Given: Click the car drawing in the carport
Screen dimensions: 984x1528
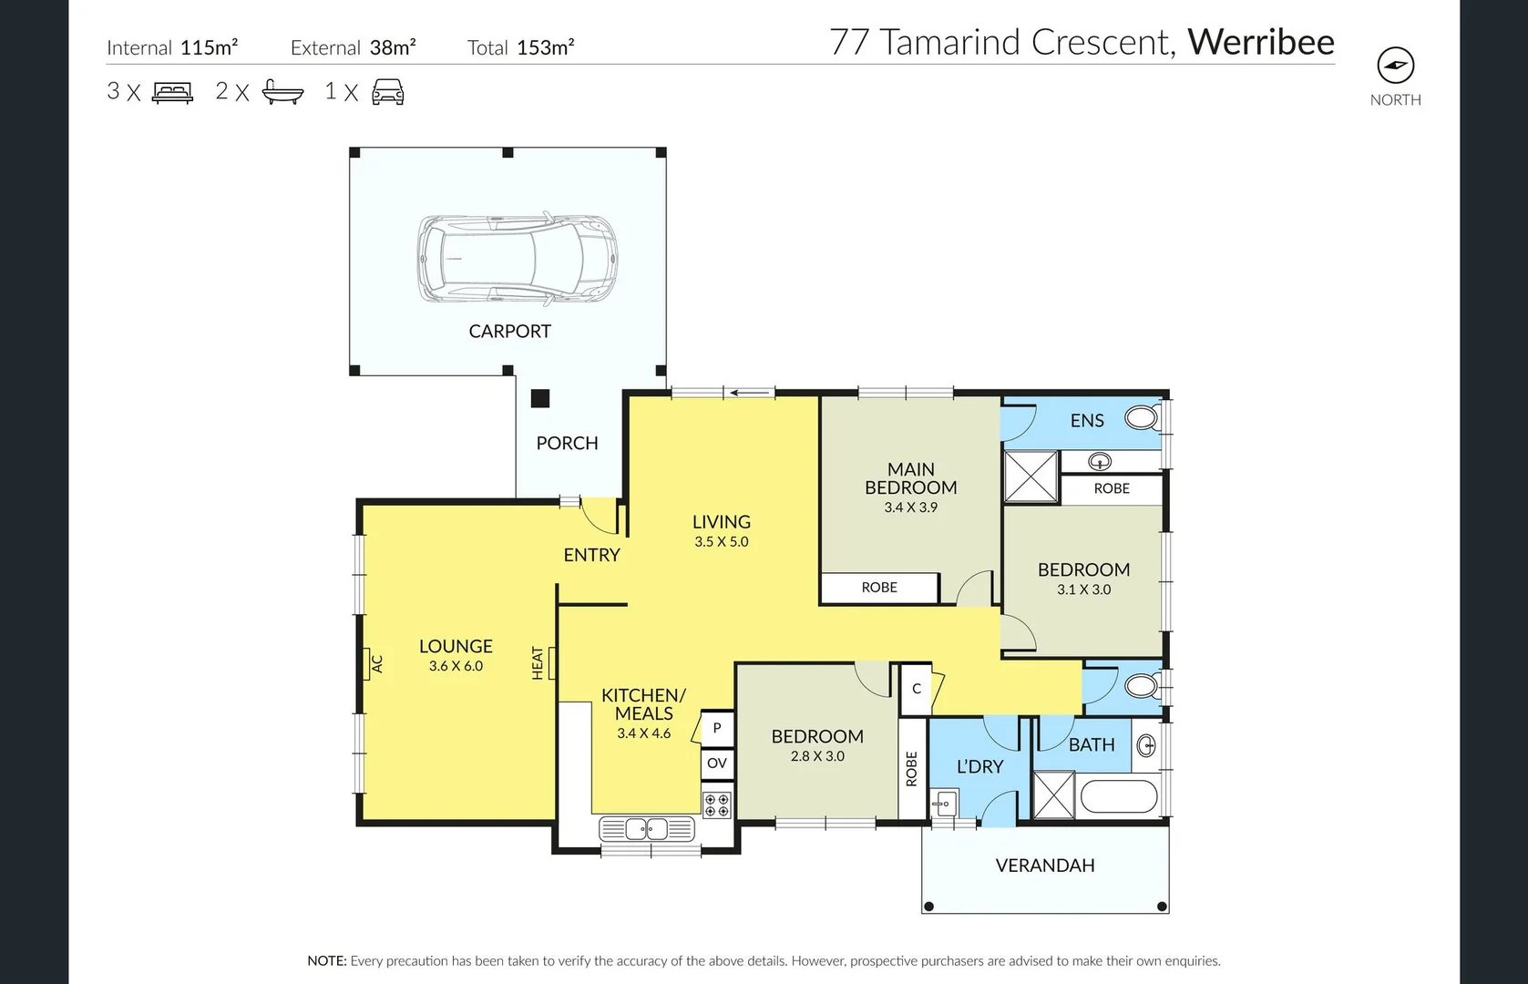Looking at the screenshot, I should pyautogui.click(x=517, y=259).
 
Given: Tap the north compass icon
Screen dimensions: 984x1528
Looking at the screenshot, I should pyautogui.click(x=1395, y=66).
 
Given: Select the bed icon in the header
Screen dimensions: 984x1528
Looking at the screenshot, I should pyautogui.click(x=172, y=92).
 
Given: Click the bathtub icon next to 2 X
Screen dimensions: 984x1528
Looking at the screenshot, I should pyautogui.click(x=282, y=92).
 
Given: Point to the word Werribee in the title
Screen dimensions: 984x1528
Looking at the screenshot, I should pyautogui.click(x=1260, y=42).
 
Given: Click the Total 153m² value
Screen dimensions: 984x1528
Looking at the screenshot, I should pyautogui.click(x=545, y=47).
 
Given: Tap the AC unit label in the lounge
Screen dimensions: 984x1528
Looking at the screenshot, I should pyautogui.click(x=375, y=662).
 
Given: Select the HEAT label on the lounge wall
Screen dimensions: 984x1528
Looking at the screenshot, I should pyautogui.click(x=538, y=662).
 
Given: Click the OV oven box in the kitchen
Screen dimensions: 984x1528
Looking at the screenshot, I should pyautogui.click(x=717, y=763).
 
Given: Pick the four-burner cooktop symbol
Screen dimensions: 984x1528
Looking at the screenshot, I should pyautogui.click(x=717, y=805).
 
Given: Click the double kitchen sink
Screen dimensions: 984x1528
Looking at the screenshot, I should pyautogui.click(x=647, y=829).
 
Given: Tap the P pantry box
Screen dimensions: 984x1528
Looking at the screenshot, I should pyautogui.click(x=716, y=728).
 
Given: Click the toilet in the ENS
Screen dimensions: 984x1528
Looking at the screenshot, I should pyautogui.click(x=1140, y=419).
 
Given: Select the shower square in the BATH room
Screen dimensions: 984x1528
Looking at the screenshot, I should pyautogui.click(x=1053, y=795).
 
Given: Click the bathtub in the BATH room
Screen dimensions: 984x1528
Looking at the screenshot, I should pyautogui.click(x=1119, y=797).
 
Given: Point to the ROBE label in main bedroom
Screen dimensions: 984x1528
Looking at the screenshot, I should pyautogui.click(x=879, y=588).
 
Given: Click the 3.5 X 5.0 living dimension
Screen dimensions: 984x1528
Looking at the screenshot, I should pyautogui.click(x=721, y=541).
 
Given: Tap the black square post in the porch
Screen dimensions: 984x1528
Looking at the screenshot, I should pyautogui.click(x=540, y=398).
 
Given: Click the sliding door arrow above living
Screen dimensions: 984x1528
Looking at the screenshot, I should pyautogui.click(x=749, y=393).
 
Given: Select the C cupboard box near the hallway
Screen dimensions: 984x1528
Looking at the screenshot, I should pyautogui.click(x=917, y=689).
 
